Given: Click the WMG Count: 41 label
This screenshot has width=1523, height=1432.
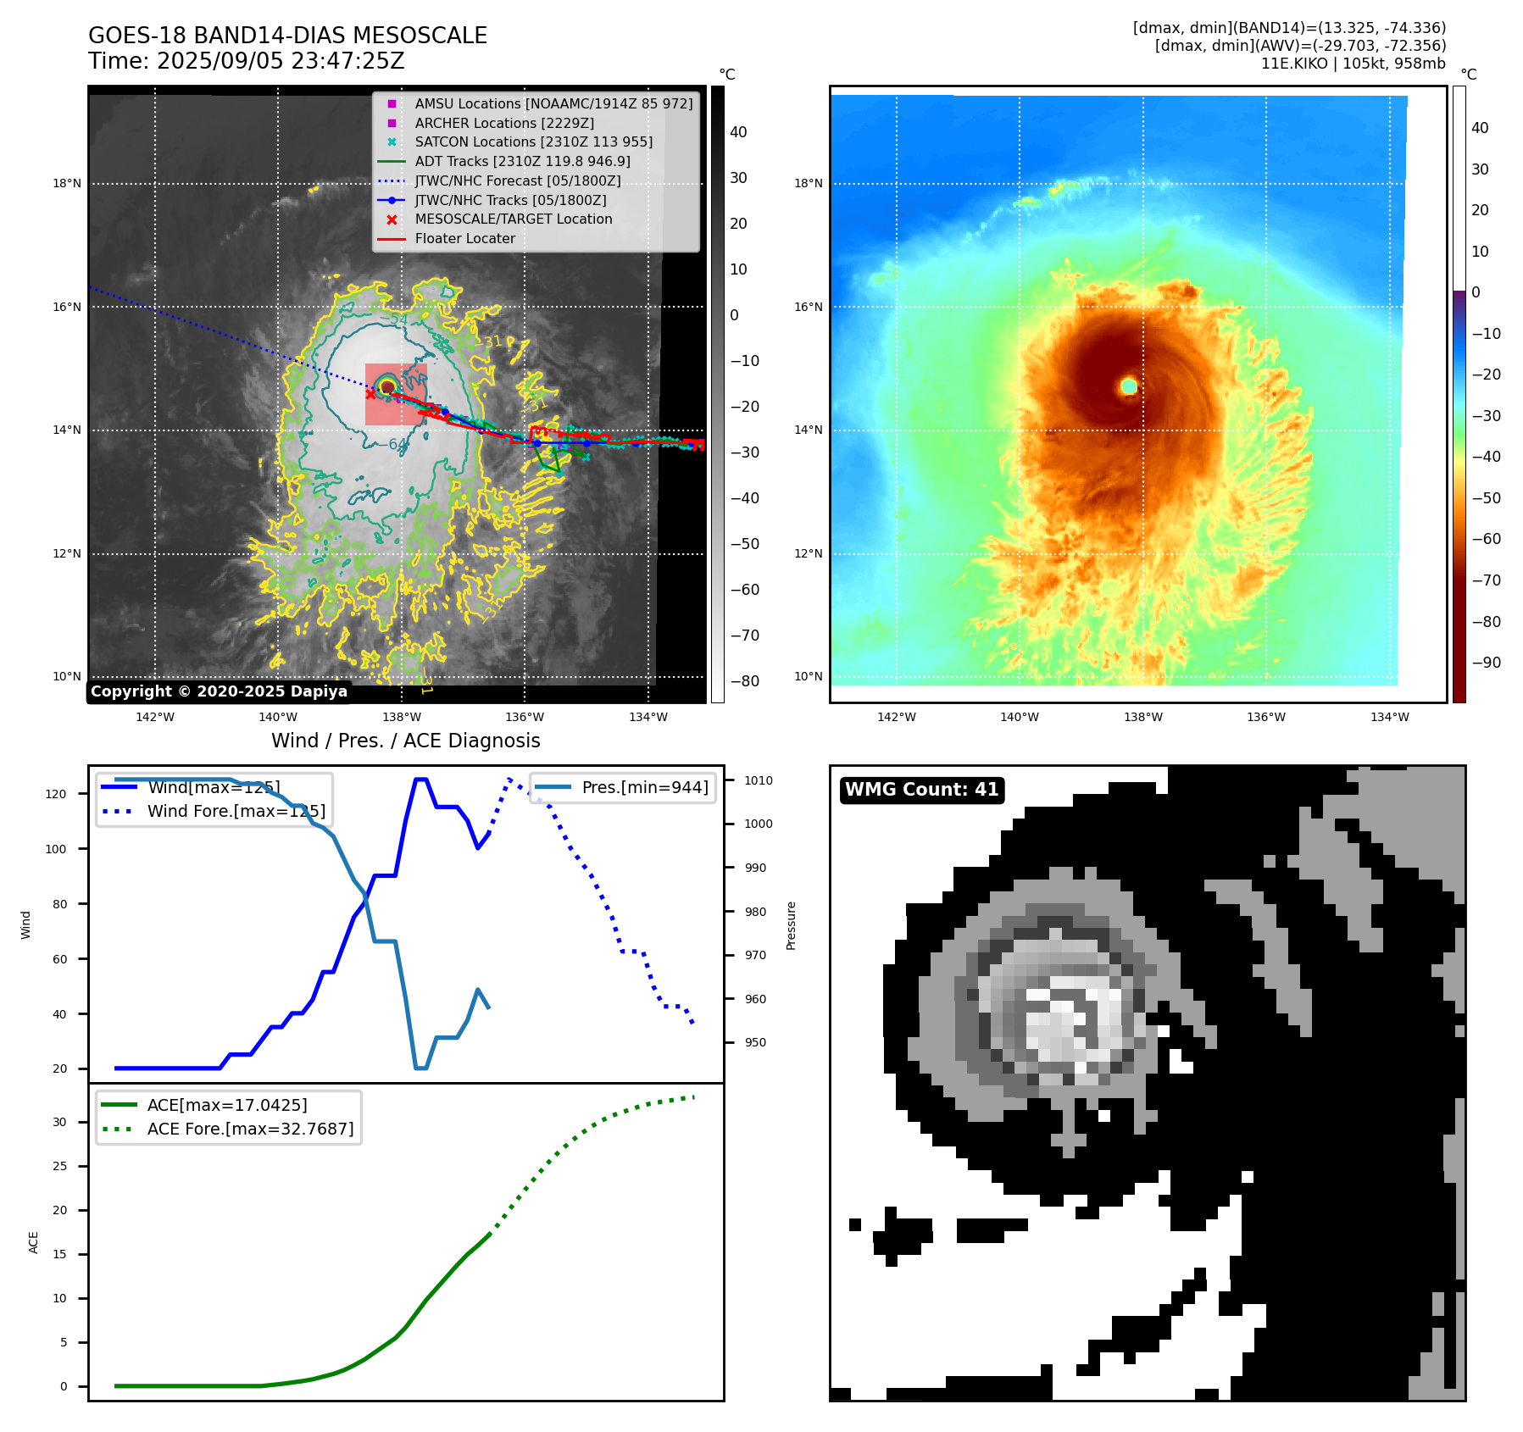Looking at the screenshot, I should pyautogui.click(x=921, y=790).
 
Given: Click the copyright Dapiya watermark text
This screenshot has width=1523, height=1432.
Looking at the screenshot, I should pyautogui.click(x=219, y=691).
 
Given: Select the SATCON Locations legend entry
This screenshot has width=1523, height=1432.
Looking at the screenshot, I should pyautogui.click(x=533, y=142).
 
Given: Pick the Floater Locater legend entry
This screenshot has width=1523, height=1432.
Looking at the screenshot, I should pyautogui.click(x=464, y=239).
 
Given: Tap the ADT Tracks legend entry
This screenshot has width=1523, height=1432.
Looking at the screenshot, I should pyautogui.click(x=522, y=162).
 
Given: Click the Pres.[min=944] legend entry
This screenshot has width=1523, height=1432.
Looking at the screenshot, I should pyautogui.click(x=644, y=787).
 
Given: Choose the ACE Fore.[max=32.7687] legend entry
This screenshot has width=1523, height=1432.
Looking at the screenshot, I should pyautogui.click(x=250, y=1129).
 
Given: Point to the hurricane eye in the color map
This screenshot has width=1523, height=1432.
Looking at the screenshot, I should pyautogui.click(x=1129, y=386).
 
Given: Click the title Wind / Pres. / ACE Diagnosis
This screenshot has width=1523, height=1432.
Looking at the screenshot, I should pyautogui.click(x=405, y=741).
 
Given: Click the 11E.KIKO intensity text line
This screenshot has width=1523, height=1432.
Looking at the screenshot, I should pyautogui.click(x=1353, y=64).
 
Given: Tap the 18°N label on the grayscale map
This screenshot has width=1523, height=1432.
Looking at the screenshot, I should pyautogui.click(x=67, y=184).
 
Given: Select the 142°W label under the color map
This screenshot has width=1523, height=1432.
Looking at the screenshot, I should pyautogui.click(x=896, y=717).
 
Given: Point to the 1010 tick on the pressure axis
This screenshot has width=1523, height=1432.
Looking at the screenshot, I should pyautogui.click(x=759, y=780).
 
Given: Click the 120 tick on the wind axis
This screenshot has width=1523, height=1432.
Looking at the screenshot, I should pyautogui.click(x=55, y=794).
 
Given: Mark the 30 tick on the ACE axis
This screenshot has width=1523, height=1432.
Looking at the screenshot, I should pyautogui.click(x=59, y=1122).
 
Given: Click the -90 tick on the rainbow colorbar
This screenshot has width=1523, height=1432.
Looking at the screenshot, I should pyautogui.click(x=1486, y=663).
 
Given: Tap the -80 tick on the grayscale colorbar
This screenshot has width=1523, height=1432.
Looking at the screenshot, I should pyautogui.click(x=745, y=681).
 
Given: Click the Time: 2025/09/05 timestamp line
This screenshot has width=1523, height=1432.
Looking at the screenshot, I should pyautogui.click(x=246, y=62).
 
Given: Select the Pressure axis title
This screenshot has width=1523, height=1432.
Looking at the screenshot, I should pyautogui.click(x=791, y=925).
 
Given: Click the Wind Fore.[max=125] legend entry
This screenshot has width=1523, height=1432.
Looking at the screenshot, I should pyautogui.click(x=236, y=811).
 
